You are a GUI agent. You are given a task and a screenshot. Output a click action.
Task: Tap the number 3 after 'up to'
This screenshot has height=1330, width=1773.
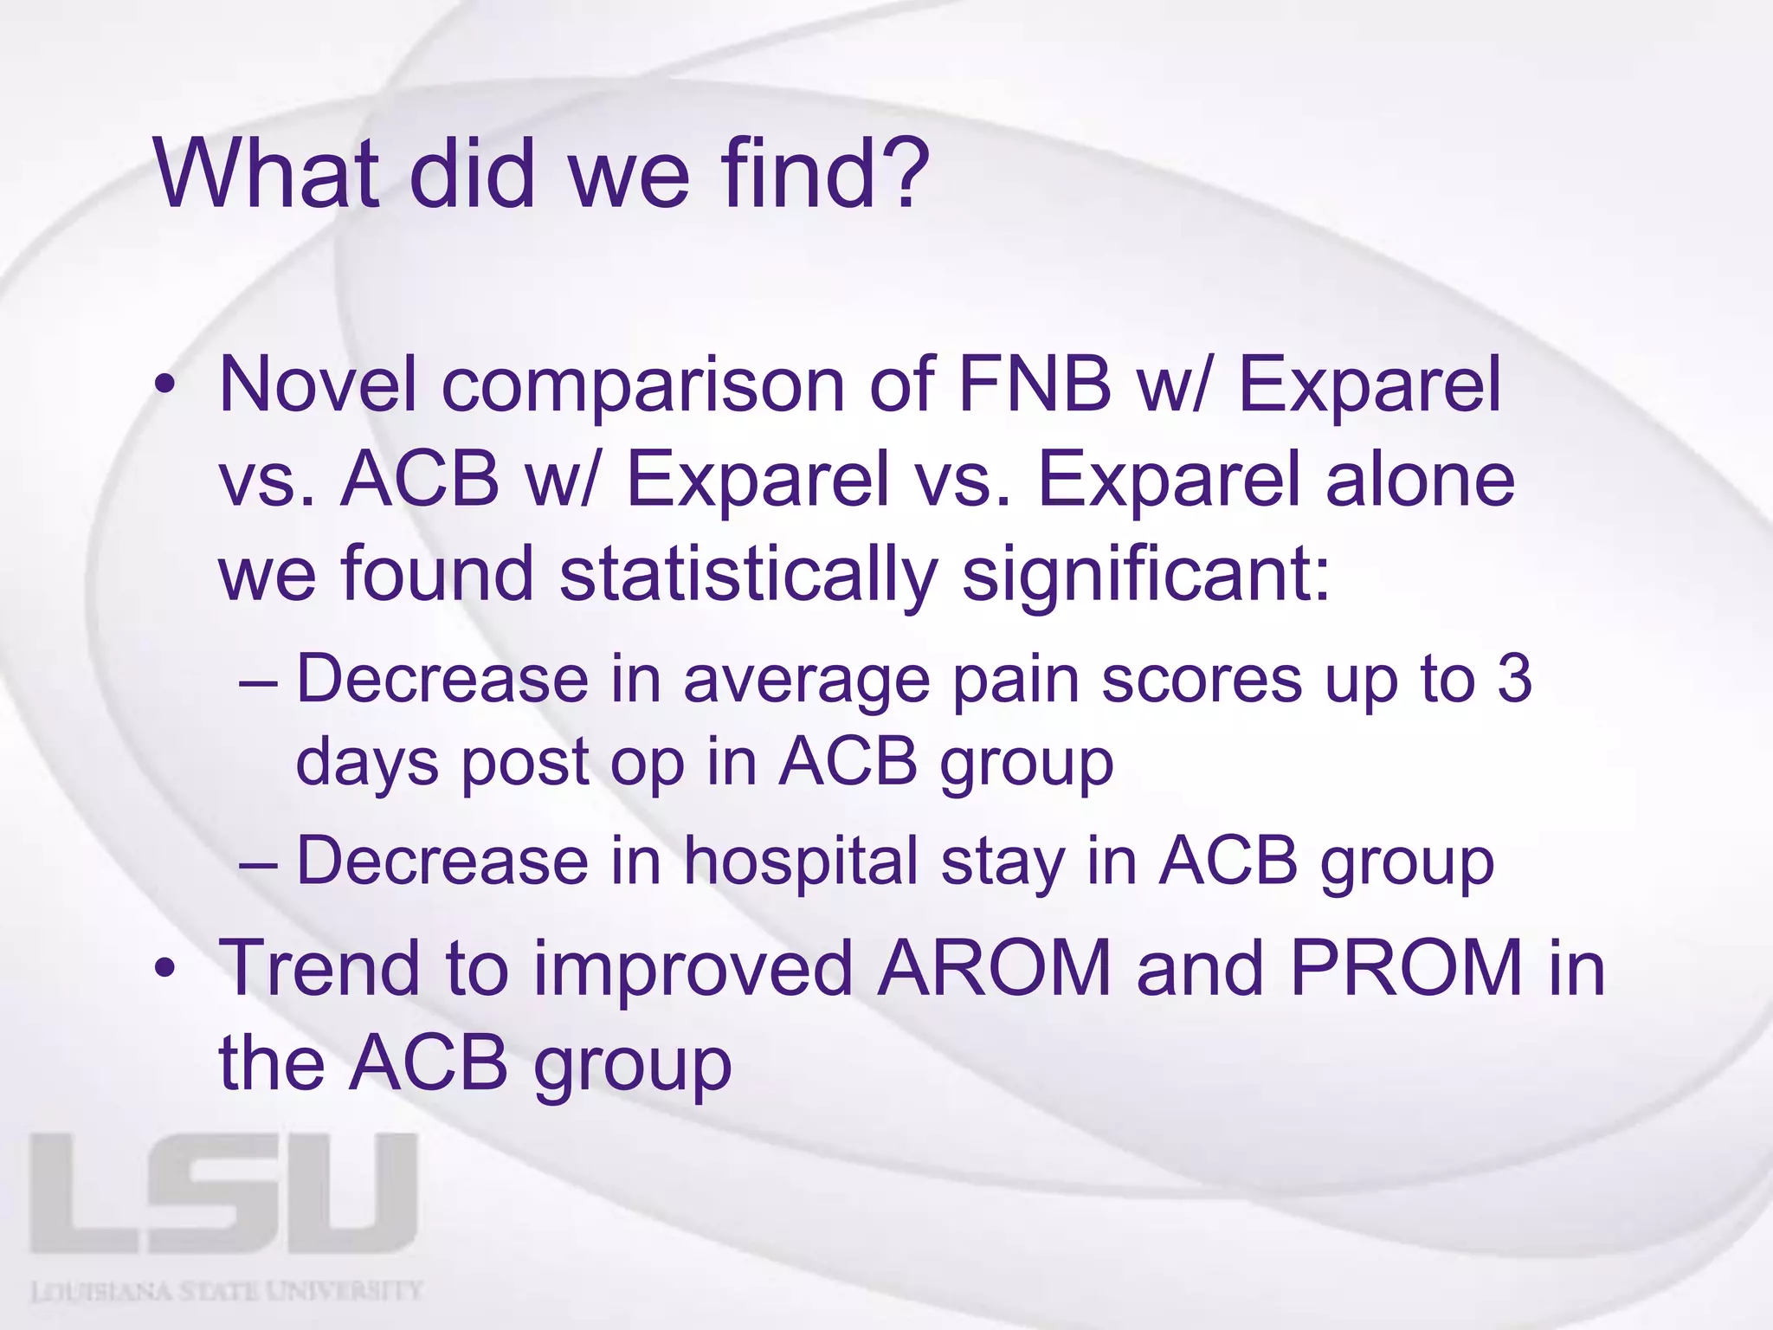pos(1514,679)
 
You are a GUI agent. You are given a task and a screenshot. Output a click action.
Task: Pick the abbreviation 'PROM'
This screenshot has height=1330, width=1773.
pos(1406,968)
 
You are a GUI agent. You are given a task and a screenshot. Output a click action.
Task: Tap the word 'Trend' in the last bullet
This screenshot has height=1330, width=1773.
pos(319,968)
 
